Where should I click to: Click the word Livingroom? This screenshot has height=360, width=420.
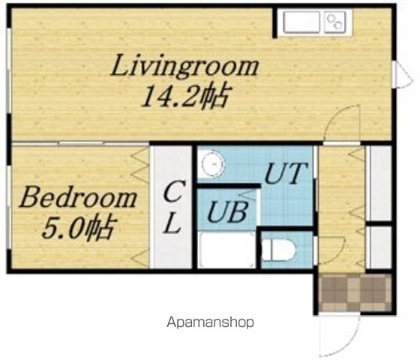pos(184,67)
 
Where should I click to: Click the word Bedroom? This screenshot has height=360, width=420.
pos(78,198)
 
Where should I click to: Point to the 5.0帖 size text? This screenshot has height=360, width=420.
pos(79,227)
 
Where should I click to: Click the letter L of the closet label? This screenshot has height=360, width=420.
pos(172,223)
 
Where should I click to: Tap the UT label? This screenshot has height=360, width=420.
pos(286,173)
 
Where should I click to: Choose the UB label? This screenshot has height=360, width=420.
pos(227,212)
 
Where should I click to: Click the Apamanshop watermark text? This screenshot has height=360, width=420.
pos(210,322)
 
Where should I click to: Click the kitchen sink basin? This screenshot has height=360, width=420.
pos(301,22)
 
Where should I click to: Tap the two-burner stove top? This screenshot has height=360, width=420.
pos(334,22)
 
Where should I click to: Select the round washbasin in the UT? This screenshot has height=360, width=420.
pos(213,164)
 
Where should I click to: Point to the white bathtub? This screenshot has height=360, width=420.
pos(226,250)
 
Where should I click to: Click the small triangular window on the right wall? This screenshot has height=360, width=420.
pos(403,73)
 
